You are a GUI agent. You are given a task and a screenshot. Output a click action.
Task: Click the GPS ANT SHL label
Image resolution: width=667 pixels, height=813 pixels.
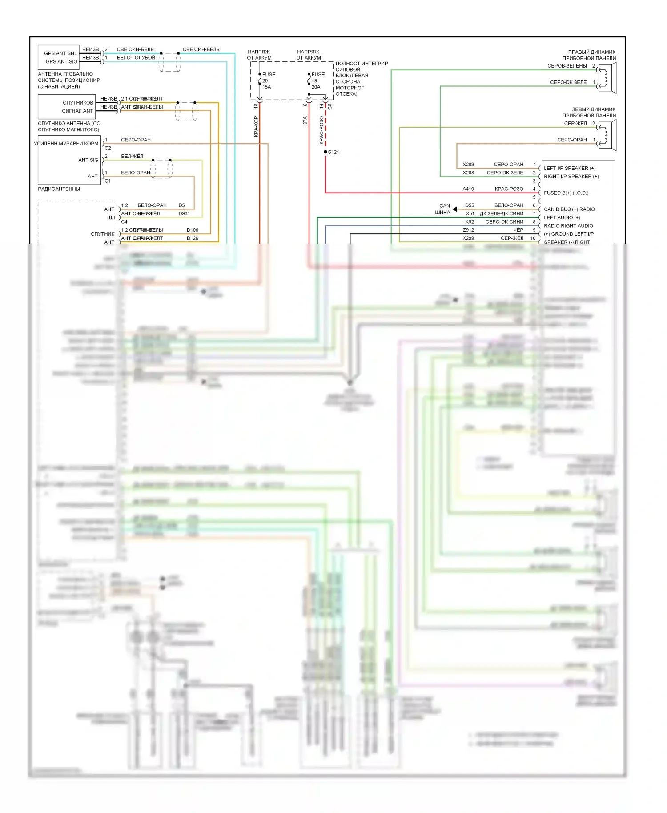60,53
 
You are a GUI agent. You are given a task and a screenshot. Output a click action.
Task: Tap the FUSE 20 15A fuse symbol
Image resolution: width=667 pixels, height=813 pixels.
260,80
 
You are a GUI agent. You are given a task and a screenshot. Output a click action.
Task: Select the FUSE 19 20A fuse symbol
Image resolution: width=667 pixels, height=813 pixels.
309,80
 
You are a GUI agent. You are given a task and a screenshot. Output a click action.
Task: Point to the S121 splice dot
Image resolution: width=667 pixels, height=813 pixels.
325,152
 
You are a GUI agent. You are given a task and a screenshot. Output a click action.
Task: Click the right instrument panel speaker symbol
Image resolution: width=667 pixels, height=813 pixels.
607,78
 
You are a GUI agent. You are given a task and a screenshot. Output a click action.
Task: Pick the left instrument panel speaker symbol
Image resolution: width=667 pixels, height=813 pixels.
607,135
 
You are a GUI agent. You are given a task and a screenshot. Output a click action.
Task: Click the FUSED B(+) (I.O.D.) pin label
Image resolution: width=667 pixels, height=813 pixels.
566,193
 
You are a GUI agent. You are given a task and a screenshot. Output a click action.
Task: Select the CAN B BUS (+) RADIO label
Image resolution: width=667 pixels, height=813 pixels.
569,209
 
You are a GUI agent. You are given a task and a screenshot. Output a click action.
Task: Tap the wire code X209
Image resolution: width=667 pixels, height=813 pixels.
468,165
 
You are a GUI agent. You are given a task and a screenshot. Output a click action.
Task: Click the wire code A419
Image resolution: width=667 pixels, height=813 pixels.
468,189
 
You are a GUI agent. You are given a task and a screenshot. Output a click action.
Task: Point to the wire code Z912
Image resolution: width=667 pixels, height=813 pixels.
468,230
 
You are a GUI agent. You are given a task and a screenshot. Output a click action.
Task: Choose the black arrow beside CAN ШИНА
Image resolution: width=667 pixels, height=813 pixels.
454,209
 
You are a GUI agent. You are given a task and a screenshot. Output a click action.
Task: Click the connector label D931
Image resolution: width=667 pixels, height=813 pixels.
184,214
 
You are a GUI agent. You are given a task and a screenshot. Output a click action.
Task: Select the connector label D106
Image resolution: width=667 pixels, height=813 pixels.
193,230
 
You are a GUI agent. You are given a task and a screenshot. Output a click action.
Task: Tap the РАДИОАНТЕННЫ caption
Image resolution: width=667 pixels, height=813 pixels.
59,189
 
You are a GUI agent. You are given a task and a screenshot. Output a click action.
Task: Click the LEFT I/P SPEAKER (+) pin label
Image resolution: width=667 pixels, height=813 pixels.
569,168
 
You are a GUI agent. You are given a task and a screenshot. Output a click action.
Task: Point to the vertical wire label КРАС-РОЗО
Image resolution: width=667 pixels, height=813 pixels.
321,130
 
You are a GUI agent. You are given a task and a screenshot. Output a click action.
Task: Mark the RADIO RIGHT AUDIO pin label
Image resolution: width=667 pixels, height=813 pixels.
568,226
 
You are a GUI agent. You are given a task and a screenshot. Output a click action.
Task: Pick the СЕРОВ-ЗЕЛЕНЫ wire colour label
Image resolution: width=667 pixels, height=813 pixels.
567,66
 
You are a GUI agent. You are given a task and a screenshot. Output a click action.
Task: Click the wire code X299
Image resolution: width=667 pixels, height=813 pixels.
468,238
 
